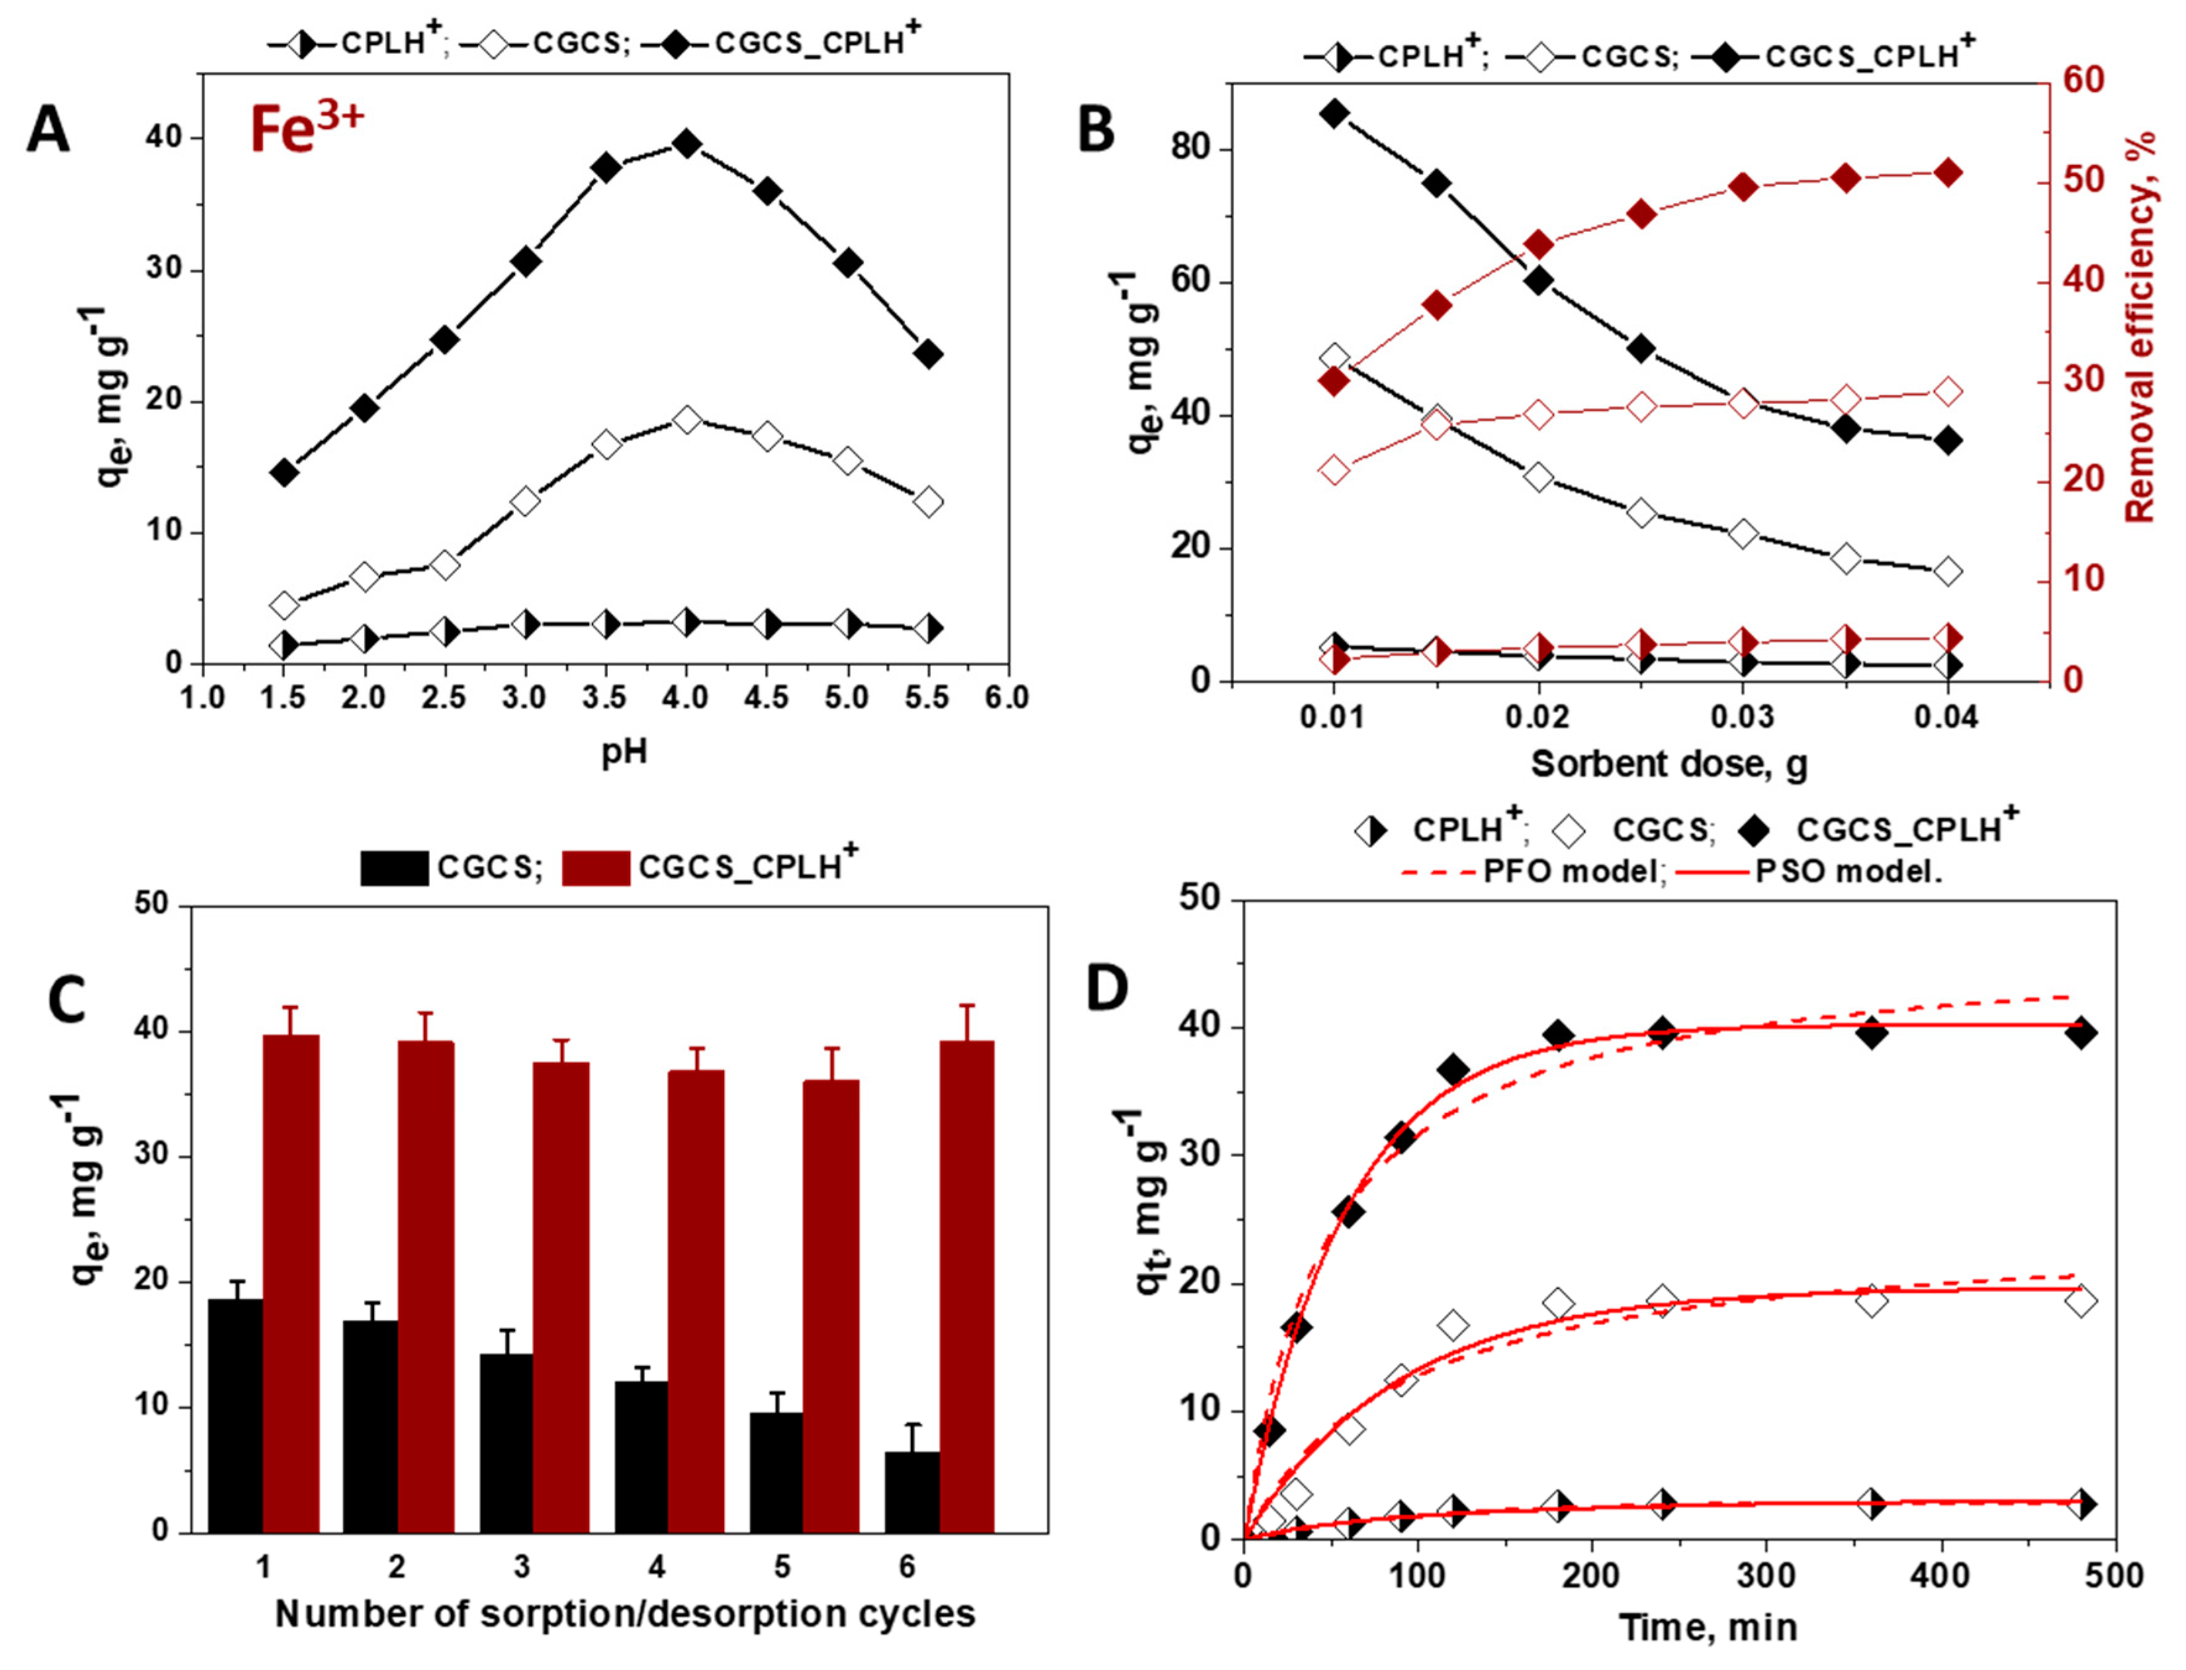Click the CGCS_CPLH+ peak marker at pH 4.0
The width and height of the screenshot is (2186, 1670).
tap(686, 144)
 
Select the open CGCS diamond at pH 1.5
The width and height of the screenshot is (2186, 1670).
tap(284, 605)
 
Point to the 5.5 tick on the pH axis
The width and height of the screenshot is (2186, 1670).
tap(928, 698)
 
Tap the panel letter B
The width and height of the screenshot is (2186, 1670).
tap(1096, 129)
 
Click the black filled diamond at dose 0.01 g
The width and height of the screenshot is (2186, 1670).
tap(1335, 113)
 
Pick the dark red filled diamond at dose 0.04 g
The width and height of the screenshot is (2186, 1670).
tap(1949, 173)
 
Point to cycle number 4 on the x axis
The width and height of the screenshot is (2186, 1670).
tap(656, 1567)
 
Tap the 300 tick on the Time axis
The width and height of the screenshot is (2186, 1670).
tap(1767, 1575)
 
